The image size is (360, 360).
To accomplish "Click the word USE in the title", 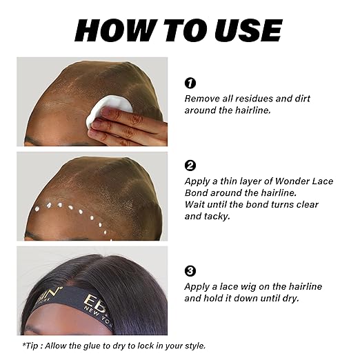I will pyautogui.click(x=251, y=30).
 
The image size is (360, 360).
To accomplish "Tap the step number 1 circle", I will pyautogui.click(x=190, y=83).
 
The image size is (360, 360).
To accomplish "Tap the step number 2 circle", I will pyautogui.click(x=190, y=166).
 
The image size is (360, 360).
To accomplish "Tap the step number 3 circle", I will pyautogui.click(x=190, y=271).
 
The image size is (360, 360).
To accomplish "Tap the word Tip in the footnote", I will pyautogui.click(x=30, y=346).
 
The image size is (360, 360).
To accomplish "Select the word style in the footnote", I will pyautogui.click(x=192, y=346).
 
